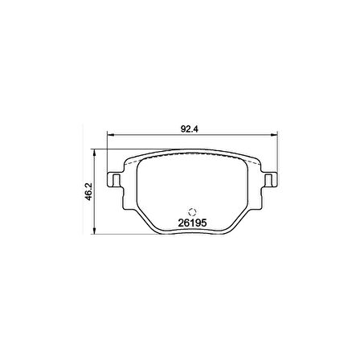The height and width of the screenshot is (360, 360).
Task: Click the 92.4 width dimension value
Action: pyautogui.click(x=189, y=129)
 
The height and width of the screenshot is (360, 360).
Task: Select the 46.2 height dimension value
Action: pyautogui.click(x=88, y=191)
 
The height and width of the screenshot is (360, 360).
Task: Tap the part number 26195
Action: pyautogui.click(x=192, y=223)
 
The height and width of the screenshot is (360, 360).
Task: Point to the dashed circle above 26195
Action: pyautogui.click(x=192, y=212)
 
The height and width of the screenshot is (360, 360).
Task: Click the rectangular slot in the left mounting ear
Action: pyautogui.click(x=117, y=180)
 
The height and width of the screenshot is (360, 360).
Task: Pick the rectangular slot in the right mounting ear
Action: pyautogui.click(x=268, y=180)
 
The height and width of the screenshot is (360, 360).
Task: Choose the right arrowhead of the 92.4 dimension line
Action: pyautogui.click(x=275, y=135)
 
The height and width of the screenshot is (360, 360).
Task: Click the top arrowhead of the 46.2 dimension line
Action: pyautogui.click(x=94, y=153)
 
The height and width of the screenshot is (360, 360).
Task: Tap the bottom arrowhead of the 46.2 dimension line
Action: pyautogui.click(x=94, y=231)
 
